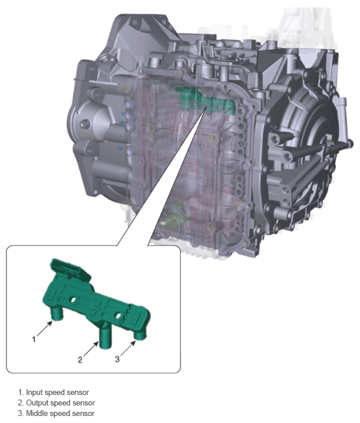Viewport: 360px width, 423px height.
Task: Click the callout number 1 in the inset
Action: [34, 339]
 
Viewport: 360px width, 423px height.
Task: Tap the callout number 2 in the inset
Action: [80, 360]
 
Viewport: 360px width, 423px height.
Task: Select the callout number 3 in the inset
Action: [117, 359]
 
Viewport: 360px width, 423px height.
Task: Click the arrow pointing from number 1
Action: [45, 329]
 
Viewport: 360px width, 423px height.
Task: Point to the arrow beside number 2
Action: [91, 349]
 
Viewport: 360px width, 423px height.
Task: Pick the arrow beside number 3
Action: [128, 349]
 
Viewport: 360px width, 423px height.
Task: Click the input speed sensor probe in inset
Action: [57, 314]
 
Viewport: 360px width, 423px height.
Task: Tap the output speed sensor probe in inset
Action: [105, 335]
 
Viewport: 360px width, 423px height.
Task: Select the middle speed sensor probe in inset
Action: [140, 334]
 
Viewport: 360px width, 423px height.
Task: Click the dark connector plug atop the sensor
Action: [70, 269]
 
